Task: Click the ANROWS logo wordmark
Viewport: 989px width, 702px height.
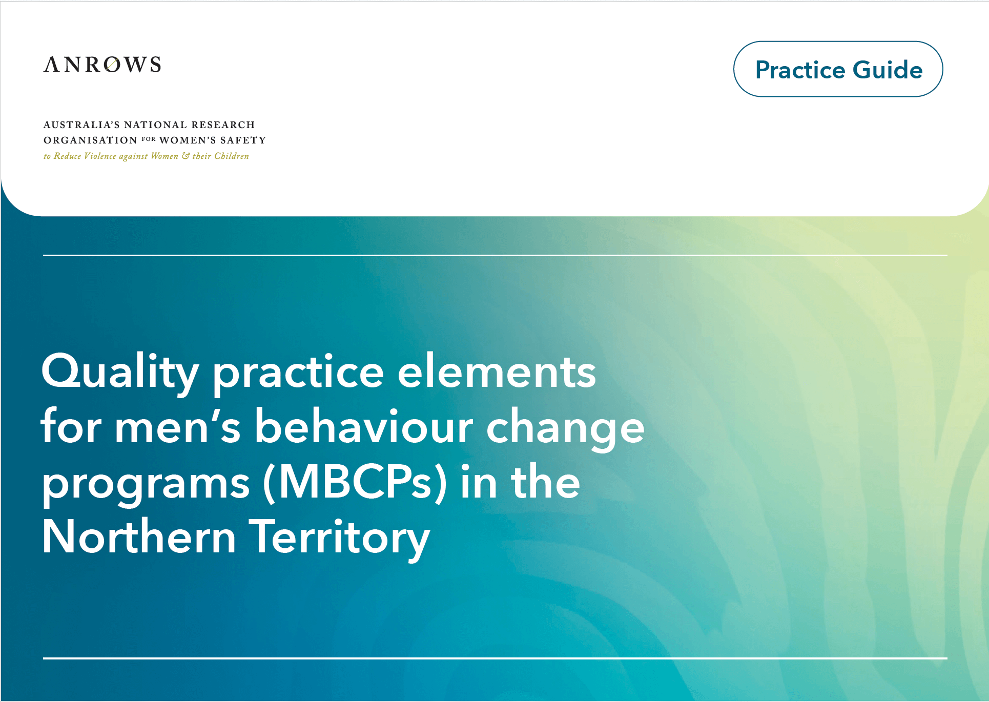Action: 102,65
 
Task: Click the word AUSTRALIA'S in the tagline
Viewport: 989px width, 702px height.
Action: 81,125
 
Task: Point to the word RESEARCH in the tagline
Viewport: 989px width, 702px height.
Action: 223,125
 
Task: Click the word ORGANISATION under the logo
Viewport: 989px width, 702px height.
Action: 90,140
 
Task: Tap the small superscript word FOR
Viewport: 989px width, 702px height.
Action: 149,139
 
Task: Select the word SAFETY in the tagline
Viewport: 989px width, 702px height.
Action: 243,140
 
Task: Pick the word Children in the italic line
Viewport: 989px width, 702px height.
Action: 232,156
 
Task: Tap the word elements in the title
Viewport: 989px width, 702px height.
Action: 497,372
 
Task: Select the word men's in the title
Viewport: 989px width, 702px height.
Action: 177,427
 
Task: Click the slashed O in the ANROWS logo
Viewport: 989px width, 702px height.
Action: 112,65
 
